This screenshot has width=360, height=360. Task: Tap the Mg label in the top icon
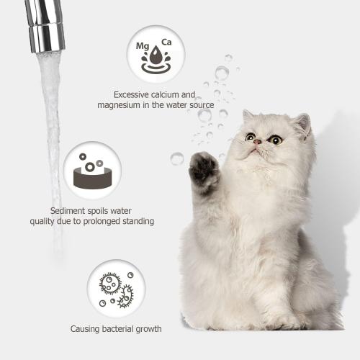[x=143, y=46]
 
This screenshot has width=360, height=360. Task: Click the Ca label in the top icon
[x=166, y=42]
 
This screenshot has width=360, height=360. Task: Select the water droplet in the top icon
[x=155, y=56]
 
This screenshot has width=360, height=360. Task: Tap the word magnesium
[x=121, y=106]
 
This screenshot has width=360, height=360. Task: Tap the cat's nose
[x=257, y=142]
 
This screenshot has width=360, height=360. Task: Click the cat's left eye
[x=250, y=137]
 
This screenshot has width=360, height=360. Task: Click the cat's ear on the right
[x=302, y=124]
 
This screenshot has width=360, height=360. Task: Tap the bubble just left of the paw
[x=177, y=158]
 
